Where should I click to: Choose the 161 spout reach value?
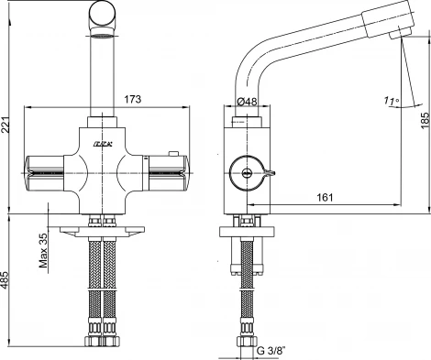pos(325,196)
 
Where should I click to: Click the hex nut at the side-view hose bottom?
pos(245,340)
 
